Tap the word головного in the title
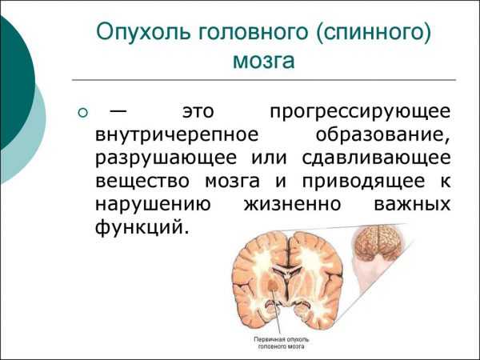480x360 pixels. point(253,34)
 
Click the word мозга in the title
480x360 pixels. point(264,61)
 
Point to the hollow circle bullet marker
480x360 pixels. point(82,113)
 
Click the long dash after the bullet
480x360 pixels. point(117,110)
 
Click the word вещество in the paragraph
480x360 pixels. point(142,181)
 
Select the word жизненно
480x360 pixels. point(292,204)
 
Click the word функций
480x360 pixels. point(141,228)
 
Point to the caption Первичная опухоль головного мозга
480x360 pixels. point(282,343)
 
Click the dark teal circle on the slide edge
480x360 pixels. point(16,82)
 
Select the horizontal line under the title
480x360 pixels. point(264,80)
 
